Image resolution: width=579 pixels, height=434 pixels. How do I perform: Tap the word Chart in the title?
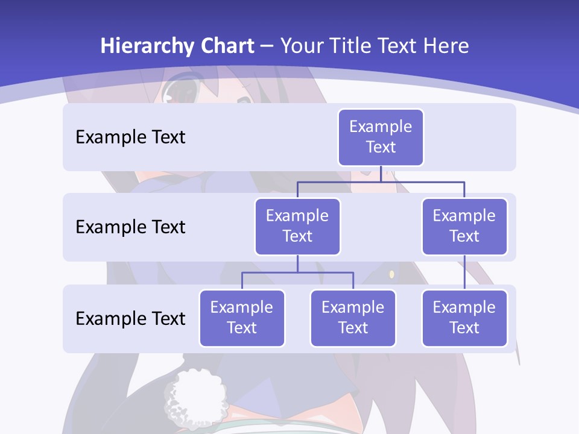(x=226, y=46)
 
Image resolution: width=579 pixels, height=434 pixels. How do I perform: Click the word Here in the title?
(x=445, y=46)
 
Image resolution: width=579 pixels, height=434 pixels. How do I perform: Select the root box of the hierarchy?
(x=381, y=137)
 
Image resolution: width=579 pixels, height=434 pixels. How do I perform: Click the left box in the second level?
(x=297, y=226)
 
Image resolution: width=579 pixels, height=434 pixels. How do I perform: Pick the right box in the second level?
(x=464, y=226)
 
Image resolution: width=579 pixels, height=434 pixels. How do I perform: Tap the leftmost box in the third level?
(x=242, y=318)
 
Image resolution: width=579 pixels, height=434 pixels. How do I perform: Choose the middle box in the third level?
(x=353, y=318)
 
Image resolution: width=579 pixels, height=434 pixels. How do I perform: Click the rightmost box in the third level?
(x=464, y=318)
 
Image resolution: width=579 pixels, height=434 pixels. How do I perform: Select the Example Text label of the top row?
(x=130, y=137)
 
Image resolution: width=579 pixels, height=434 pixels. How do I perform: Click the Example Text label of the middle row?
(x=130, y=227)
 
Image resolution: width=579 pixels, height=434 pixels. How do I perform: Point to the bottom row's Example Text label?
(x=130, y=318)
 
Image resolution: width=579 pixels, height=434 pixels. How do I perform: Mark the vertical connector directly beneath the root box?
(x=381, y=174)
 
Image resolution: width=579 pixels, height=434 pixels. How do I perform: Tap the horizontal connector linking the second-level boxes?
(x=381, y=181)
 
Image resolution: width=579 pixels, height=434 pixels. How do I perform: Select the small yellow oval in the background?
(x=391, y=274)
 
